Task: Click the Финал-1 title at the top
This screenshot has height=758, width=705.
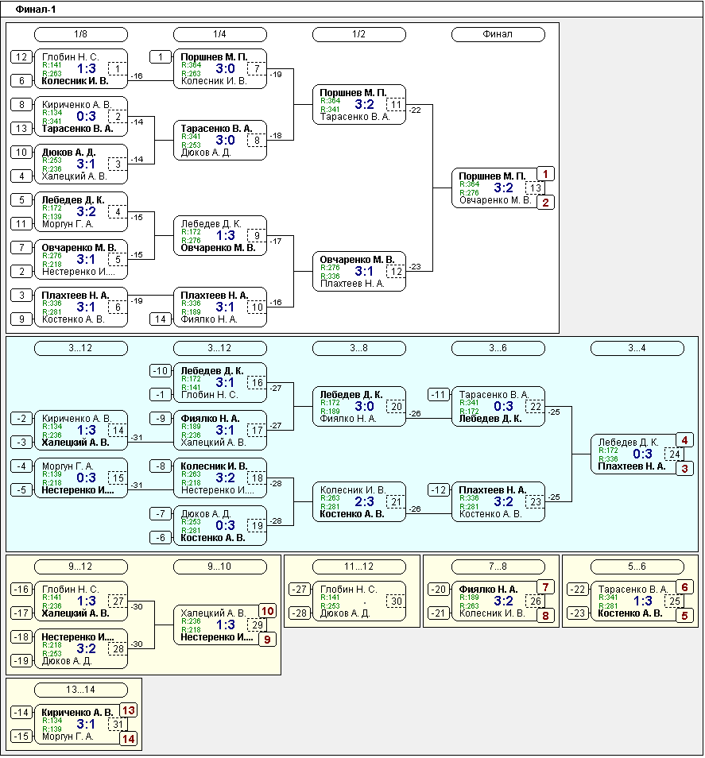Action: [35, 10]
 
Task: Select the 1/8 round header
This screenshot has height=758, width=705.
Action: [81, 34]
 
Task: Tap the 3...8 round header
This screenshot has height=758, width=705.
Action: [358, 348]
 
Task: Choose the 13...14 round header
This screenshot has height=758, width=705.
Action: [81, 690]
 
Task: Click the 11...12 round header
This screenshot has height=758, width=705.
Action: [358, 567]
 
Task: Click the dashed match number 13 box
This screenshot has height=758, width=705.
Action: [535, 188]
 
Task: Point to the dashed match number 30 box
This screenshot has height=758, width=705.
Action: [396, 601]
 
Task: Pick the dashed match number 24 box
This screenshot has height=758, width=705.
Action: [674, 454]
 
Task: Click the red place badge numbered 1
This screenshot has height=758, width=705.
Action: [545, 174]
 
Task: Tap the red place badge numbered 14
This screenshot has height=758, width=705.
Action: [128, 739]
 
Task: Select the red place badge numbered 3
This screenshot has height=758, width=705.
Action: [684, 469]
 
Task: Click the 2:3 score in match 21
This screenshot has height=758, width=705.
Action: [364, 502]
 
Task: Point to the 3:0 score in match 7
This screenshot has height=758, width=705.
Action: [225, 68]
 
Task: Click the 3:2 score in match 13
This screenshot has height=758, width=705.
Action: [503, 188]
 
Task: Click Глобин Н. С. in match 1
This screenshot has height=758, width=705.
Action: [71, 56]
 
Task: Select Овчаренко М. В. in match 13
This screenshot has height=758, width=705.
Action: [495, 200]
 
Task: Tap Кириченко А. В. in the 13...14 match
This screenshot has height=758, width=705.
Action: [77, 712]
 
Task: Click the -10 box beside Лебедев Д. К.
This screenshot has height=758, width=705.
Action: [161, 371]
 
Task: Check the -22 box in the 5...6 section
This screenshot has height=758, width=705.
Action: [577, 590]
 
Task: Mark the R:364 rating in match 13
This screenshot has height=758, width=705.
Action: [469, 184]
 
